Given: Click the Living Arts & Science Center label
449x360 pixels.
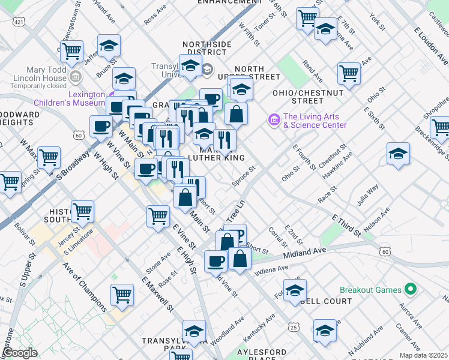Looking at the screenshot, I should (315, 121).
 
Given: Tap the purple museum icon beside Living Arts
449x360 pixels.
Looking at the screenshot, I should (275, 121).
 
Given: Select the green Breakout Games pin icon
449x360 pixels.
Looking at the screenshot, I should (411, 290).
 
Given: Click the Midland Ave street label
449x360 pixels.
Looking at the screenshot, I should (304, 251).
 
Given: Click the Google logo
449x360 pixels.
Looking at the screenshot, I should (19, 353).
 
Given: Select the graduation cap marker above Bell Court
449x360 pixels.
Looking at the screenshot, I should (295, 290).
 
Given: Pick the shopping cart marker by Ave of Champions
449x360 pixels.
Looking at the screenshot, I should (122, 295).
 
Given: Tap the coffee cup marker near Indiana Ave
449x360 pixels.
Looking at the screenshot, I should (216, 260).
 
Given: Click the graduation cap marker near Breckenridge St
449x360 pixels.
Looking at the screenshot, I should (398, 154).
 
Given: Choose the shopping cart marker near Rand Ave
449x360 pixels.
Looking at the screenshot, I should (349, 73).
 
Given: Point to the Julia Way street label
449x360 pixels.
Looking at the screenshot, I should (367, 196).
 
